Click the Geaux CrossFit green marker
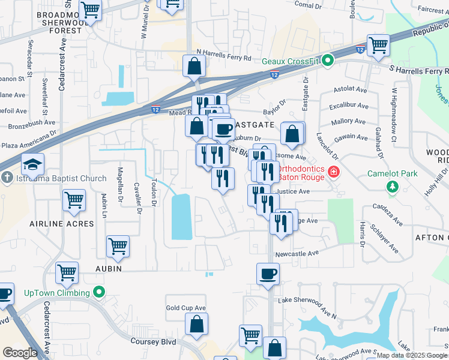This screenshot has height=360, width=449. [327, 61]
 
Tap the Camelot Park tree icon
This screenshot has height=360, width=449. [393, 187]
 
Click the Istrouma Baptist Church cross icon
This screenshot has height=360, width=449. [7, 178]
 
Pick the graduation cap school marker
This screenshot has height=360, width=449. [32, 164]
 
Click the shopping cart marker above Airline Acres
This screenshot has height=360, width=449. [74, 201]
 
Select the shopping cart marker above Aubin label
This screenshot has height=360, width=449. [118, 246]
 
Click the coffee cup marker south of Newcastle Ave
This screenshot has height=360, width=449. [268, 274]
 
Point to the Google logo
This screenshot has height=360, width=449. [19, 352]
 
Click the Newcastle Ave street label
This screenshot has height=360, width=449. [297, 254]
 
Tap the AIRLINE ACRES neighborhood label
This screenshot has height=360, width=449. [62, 224]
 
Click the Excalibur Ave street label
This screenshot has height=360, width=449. [348, 106]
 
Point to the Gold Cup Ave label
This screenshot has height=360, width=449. [186, 308]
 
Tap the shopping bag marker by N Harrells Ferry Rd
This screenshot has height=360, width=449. [194, 67]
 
